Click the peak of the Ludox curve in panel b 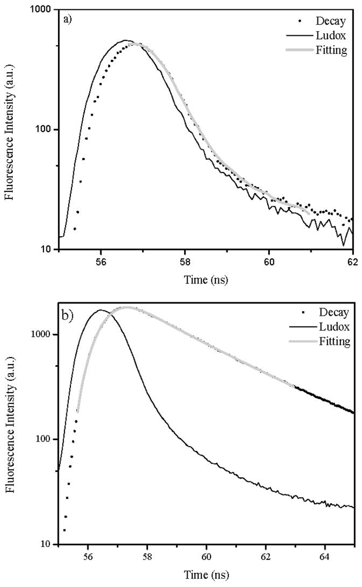pyautogui.click(x=100, y=310)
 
